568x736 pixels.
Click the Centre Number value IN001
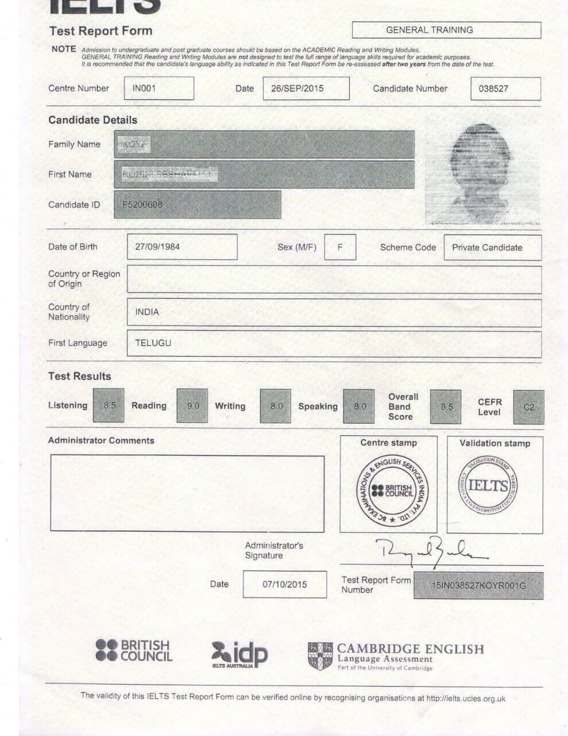[x=144, y=89]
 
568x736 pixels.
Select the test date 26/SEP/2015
[x=297, y=89]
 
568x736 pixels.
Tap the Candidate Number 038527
[x=493, y=89]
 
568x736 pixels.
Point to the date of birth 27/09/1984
[x=157, y=247]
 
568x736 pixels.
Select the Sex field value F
[x=340, y=247]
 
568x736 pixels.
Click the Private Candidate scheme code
[x=487, y=248]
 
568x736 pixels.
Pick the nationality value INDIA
[x=147, y=312]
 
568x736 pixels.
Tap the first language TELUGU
[x=153, y=343]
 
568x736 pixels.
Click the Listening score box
[x=109, y=405]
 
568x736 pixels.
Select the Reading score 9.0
[x=192, y=406]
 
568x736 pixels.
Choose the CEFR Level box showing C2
[x=528, y=407]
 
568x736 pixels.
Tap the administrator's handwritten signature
[x=431, y=551]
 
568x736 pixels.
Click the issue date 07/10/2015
[x=285, y=584]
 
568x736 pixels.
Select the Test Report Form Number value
[x=478, y=586]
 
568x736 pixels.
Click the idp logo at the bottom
[x=239, y=655]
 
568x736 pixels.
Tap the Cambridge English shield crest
[x=320, y=656]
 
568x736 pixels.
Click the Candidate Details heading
[x=92, y=120]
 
